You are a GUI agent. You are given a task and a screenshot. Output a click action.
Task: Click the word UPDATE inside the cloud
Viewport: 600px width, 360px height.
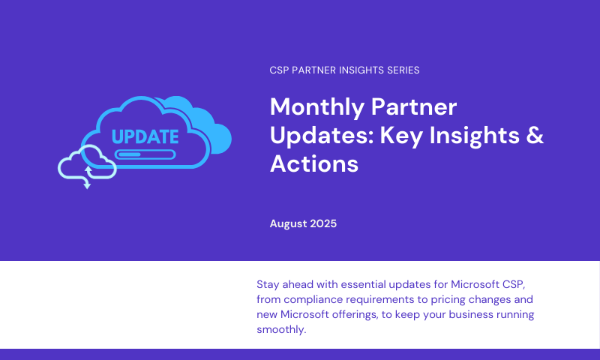(145, 136)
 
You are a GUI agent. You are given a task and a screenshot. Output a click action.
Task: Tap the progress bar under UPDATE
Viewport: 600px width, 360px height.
(145, 154)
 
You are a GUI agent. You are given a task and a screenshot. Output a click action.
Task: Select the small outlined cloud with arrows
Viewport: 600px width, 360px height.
(87, 163)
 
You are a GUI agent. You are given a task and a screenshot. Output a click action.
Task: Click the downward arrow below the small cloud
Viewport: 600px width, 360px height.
(87, 185)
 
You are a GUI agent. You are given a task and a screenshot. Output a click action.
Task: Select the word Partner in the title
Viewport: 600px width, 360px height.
(414, 106)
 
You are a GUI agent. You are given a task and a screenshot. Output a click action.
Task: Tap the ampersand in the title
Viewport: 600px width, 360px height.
(535, 135)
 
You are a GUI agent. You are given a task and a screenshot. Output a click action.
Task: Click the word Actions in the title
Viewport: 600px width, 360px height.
(314, 163)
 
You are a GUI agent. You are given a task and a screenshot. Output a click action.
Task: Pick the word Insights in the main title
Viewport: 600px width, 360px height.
(474, 136)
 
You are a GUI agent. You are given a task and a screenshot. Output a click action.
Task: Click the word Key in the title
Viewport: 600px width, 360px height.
(401, 136)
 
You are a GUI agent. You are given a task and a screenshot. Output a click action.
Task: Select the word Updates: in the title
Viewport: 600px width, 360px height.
(322, 136)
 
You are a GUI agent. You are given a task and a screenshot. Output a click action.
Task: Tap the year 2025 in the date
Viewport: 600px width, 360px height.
(323, 223)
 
